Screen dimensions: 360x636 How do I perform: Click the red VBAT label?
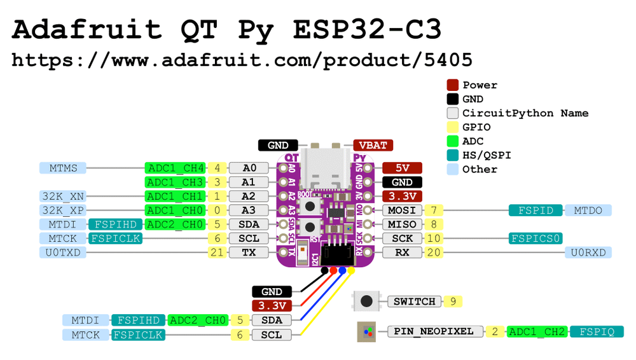pos(373,145)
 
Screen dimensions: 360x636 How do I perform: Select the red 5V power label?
pos(402,169)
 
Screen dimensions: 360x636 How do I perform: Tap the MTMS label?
pos(62,169)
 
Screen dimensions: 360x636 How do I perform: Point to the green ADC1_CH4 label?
pos(175,169)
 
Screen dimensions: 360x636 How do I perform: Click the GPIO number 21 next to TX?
pos(218,253)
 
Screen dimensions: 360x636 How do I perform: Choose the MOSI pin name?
pos(402,211)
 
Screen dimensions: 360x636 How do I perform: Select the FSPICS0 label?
pos(536,239)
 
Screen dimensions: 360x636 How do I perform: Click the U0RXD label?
pos(588,253)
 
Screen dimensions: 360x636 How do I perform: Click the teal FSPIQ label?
pos(597,331)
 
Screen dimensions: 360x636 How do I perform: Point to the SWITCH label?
pos(414,301)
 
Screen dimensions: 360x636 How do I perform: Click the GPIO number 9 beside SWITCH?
pos(452,301)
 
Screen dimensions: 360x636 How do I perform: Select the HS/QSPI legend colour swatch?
pos(452,155)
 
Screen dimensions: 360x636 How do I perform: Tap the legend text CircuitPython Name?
pos(525,113)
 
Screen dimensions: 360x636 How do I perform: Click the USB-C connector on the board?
pos(326,167)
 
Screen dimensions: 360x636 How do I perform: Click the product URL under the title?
pos(242,60)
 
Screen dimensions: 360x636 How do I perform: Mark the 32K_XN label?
pos(62,197)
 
